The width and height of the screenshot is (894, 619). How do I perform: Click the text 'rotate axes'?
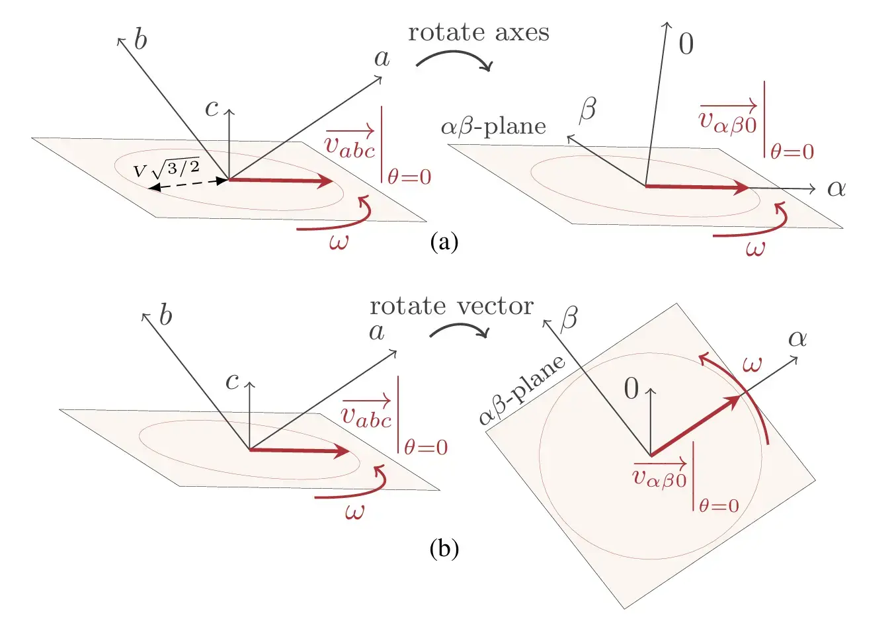(x=479, y=32)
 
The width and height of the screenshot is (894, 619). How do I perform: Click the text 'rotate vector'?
(x=452, y=306)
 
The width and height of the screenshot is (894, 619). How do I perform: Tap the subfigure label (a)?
(x=444, y=242)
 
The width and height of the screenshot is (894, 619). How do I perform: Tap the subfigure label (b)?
(x=444, y=549)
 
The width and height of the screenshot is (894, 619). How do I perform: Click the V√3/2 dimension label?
(x=167, y=169)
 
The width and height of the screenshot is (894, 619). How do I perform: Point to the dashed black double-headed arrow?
(x=188, y=184)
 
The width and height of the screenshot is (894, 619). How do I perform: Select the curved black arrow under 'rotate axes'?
(x=454, y=61)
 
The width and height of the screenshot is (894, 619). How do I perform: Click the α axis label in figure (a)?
(x=836, y=188)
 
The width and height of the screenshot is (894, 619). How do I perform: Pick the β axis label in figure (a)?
(x=587, y=108)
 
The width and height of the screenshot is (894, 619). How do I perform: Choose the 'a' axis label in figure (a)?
(x=382, y=59)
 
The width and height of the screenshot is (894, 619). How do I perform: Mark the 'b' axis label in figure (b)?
(x=165, y=315)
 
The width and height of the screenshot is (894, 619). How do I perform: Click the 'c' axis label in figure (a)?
(x=212, y=108)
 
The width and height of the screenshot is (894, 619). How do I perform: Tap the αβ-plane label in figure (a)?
(x=494, y=127)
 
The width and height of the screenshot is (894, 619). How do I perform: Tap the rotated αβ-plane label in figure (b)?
(x=522, y=390)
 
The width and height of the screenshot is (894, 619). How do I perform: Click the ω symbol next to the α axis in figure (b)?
(x=752, y=364)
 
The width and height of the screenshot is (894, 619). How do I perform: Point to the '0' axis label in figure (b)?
(x=631, y=389)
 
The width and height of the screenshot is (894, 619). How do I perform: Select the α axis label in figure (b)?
(x=797, y=339)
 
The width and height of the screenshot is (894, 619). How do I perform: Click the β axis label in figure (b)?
(x=569, y=319)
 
